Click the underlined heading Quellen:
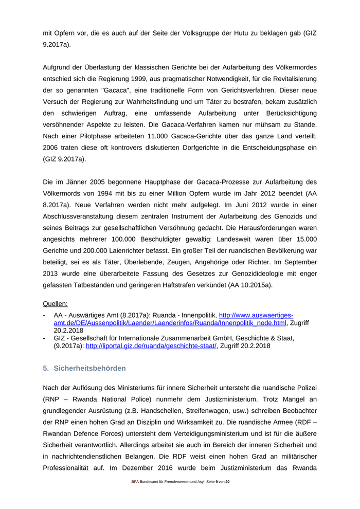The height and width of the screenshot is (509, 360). [55, 303]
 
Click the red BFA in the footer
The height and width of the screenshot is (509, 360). [135, 481]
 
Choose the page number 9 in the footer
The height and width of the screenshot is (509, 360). [217, 481]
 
